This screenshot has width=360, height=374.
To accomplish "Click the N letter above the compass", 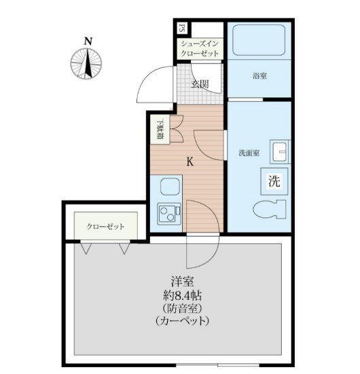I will (88, 41).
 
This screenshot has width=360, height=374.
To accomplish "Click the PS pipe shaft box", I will (182, 29).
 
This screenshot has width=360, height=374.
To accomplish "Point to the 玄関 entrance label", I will (200, 85).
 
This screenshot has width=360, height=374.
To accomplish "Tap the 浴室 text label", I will (259, 77).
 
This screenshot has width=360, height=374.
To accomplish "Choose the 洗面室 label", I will (249, 153).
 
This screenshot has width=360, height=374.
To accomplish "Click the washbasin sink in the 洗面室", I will (278, 151).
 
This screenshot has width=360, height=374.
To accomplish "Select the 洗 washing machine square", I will (274, 181).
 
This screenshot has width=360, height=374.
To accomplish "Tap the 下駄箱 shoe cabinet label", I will (160, 130).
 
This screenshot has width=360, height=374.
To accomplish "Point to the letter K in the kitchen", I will (190, 162).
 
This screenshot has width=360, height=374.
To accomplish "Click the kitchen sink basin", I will (167, 187).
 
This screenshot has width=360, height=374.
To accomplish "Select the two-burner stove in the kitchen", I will (166, 215).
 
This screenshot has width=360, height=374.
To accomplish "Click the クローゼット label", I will (105, 226).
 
